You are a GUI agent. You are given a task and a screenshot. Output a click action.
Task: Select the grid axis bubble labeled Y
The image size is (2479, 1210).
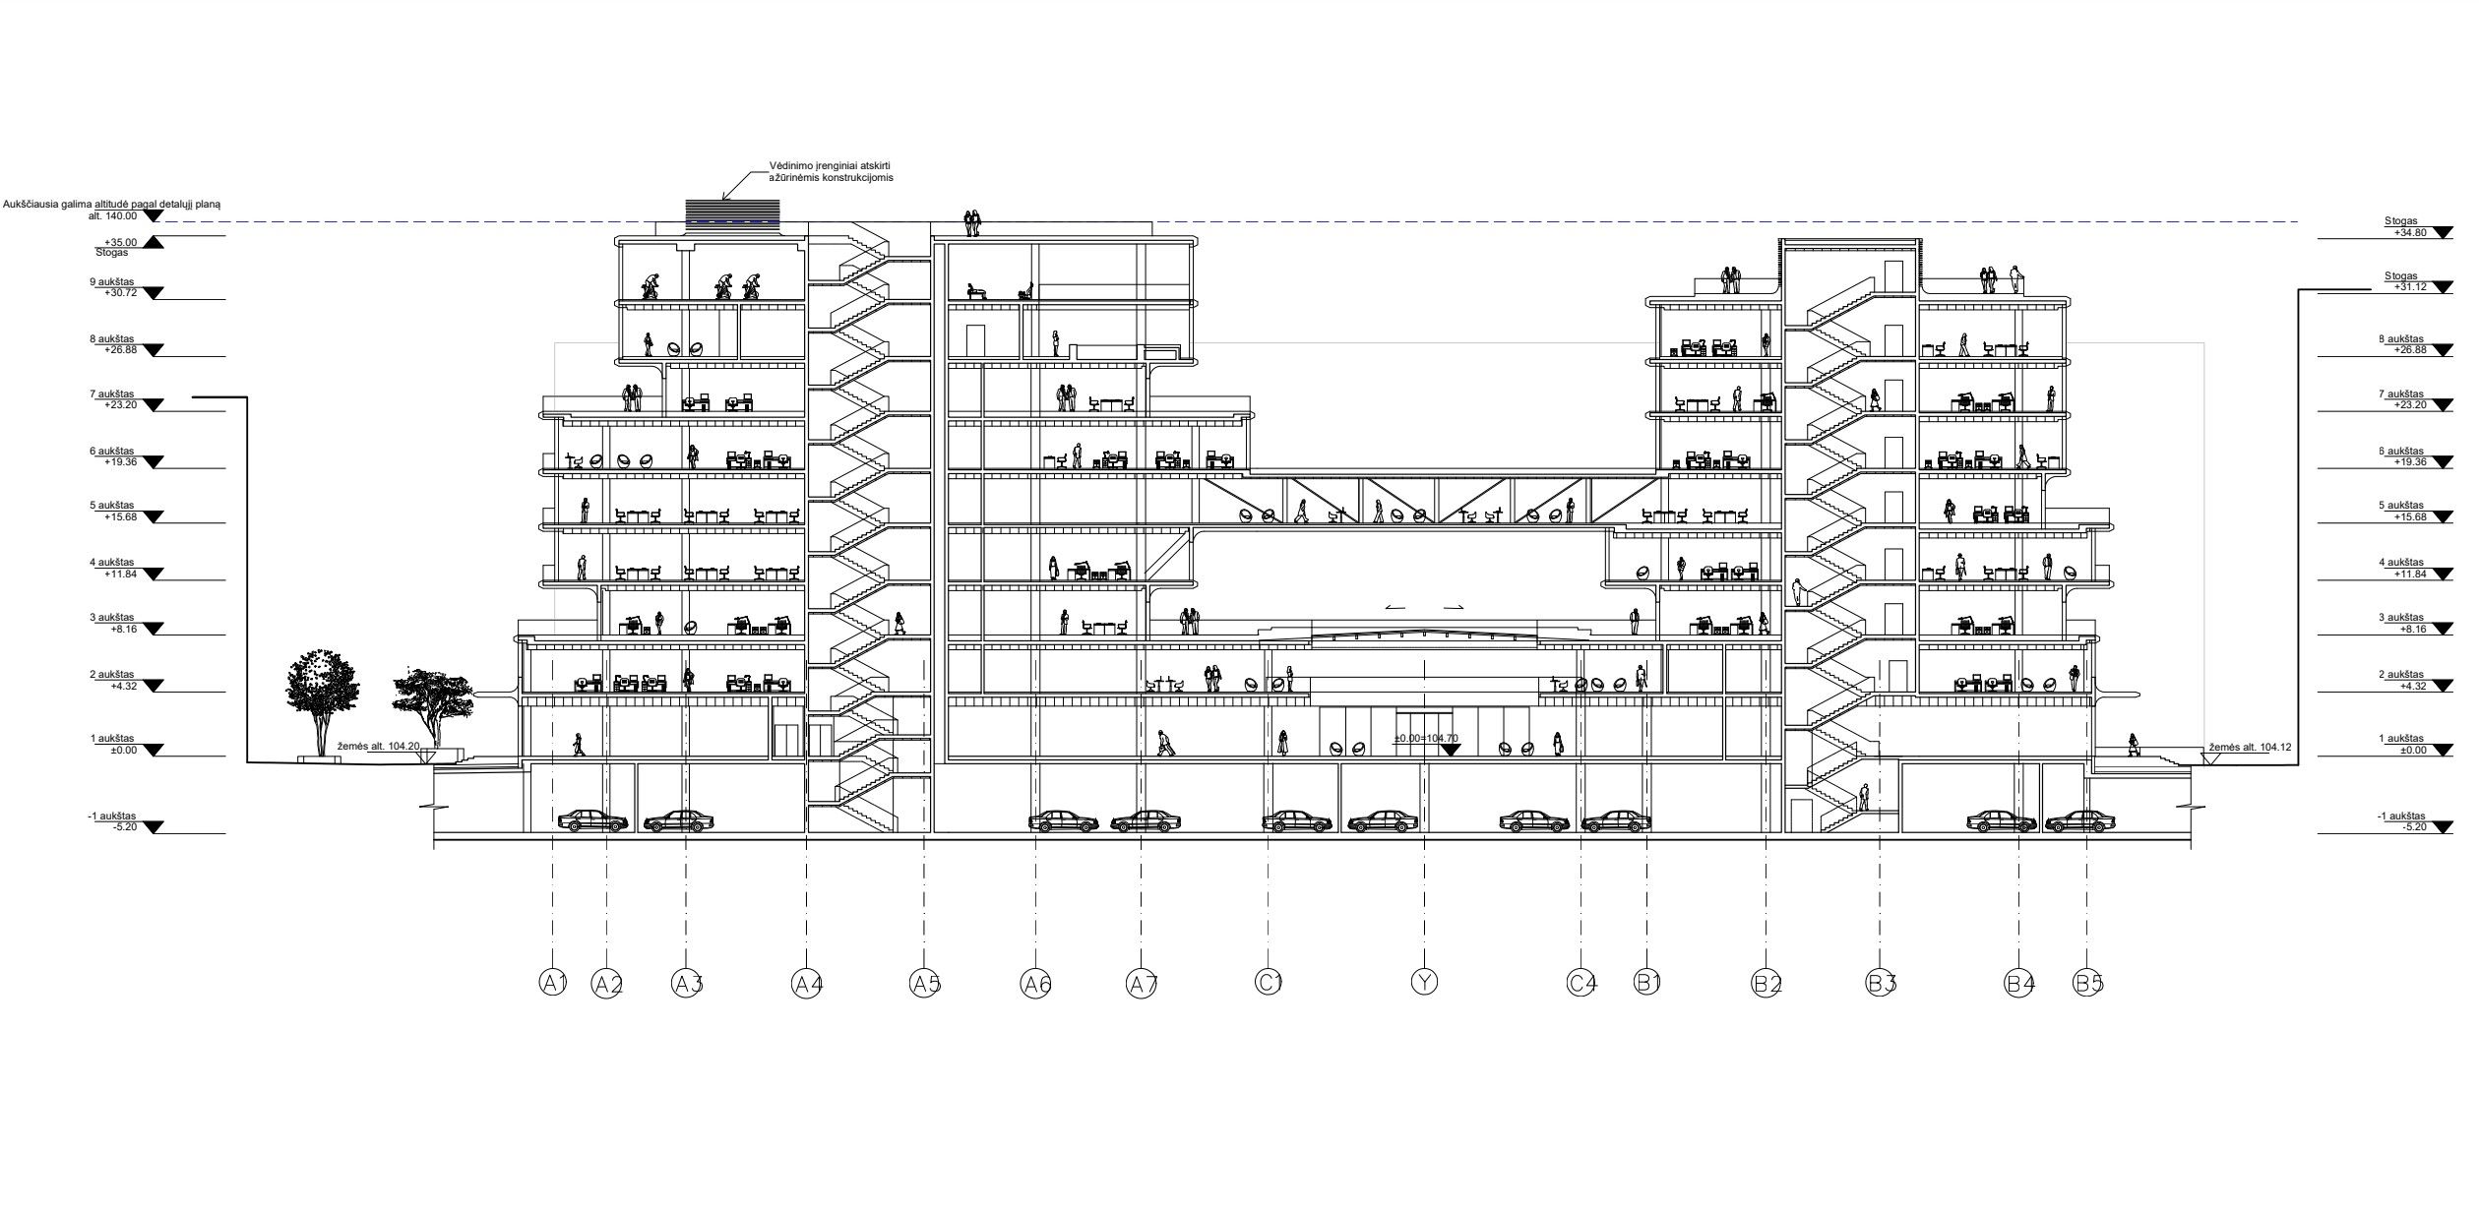click(x=1424, y=981)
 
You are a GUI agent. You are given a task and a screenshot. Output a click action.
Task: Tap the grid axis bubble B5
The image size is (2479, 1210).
click(x=2087, y=982)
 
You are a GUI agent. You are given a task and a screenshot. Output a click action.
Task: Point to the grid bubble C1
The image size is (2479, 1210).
click(x=1269, y=981)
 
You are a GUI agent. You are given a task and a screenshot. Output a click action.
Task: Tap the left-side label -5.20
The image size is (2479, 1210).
click(x=118, y=827)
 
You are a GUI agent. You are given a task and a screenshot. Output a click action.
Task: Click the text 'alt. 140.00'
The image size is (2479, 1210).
click(x=112, y=215)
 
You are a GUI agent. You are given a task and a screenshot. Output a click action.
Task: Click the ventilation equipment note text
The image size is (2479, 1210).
click(x=831, y=172)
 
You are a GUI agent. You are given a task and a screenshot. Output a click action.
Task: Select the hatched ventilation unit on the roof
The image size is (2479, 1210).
click(x=732, y=213)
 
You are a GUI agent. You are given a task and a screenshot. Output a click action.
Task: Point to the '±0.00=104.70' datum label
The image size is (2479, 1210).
click(x=1425, y=738)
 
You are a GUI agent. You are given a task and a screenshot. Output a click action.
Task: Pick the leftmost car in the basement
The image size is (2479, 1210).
click(x=592, y=820)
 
